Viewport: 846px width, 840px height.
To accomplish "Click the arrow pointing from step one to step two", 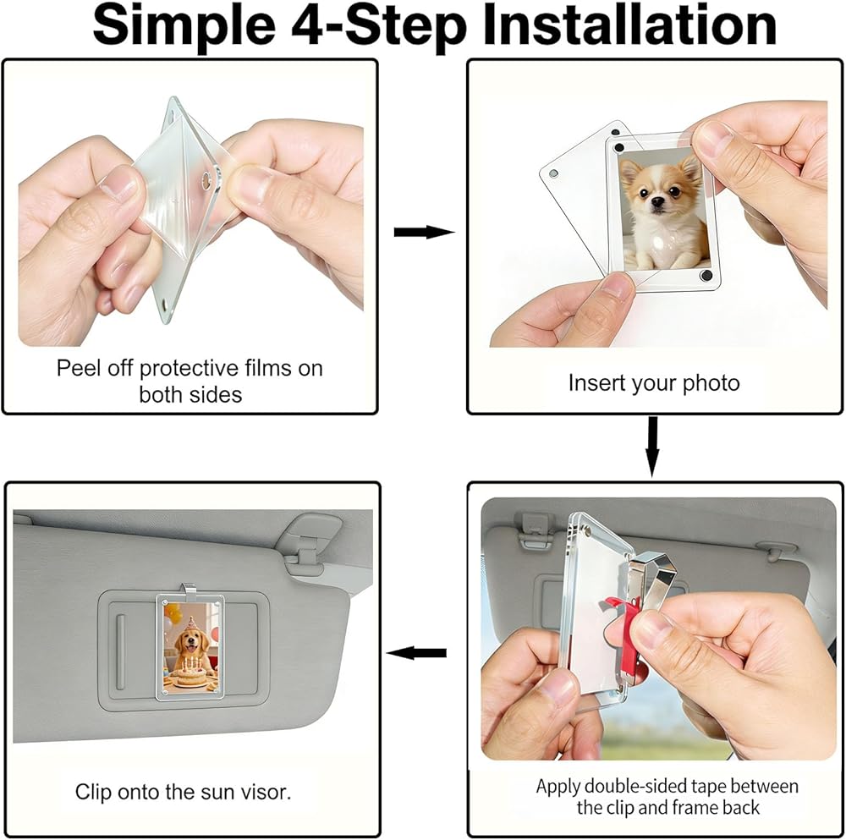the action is click(424, 232).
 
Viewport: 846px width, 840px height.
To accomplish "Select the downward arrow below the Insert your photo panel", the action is click(652, 446).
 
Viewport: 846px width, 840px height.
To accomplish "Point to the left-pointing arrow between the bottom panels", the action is click(416, 653).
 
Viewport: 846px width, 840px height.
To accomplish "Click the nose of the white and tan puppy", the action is click(656, 202).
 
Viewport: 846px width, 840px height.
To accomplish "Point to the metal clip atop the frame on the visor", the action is click(189, 590).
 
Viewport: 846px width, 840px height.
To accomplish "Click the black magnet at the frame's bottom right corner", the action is click(706, 277).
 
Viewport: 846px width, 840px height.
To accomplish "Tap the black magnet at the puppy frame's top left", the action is click(619, 147).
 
